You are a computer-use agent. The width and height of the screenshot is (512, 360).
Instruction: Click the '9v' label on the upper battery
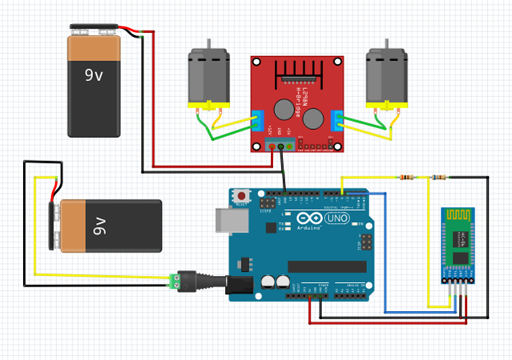[x=95, y=75]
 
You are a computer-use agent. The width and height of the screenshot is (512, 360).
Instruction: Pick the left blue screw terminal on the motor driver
[x=257, y=119]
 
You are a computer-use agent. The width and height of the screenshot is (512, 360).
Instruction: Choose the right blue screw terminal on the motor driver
[x=339, y=119]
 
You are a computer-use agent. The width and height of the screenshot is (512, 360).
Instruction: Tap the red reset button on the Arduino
[x=241, y=194]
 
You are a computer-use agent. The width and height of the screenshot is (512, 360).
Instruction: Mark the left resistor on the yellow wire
[x=408, y=176]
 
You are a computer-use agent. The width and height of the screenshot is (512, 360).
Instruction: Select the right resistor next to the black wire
[x=439, y=176]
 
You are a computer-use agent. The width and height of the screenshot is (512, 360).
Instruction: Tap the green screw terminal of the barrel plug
[x=173, y=279]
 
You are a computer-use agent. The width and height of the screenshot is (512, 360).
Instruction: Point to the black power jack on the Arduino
[x=240, y=284]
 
